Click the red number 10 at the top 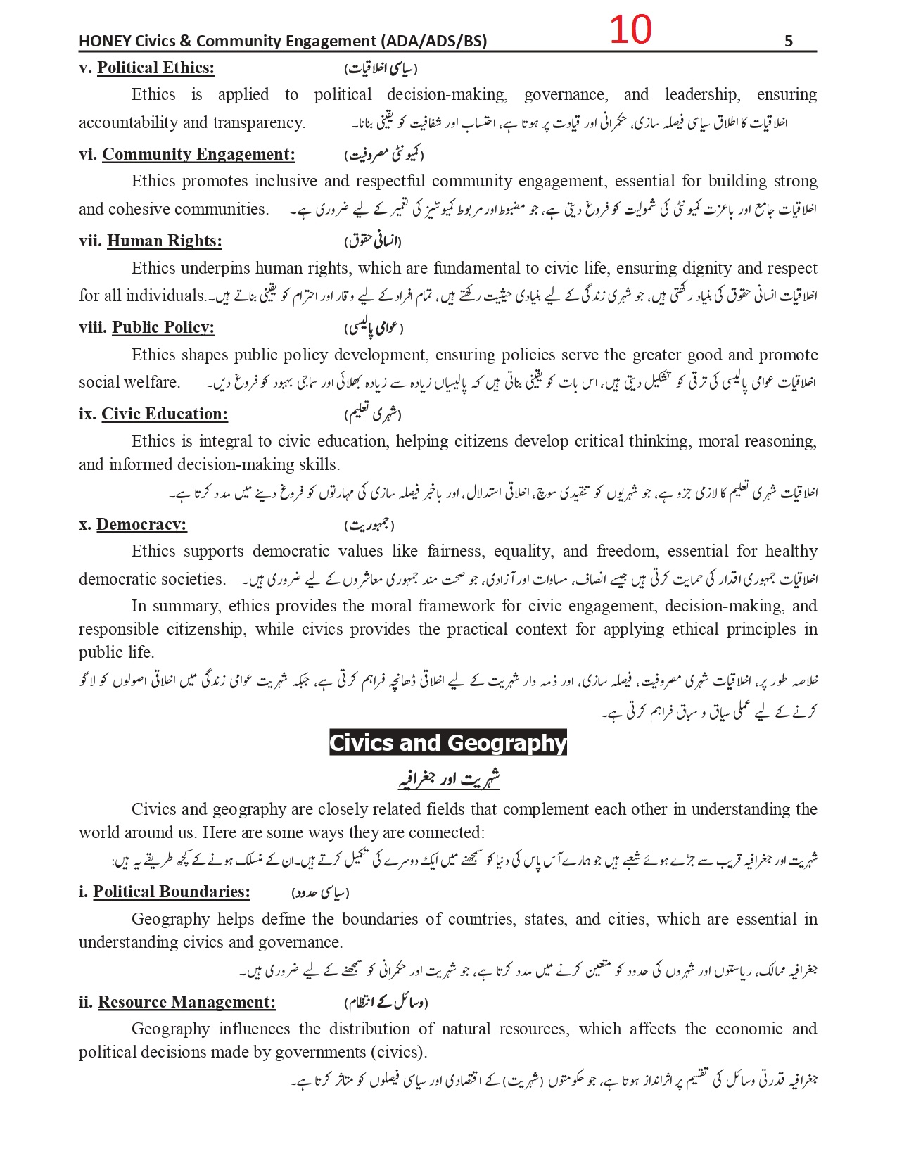click(x=630, y=30)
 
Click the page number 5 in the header click(x=788, y=42)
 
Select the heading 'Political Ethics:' click(x=155, y=68)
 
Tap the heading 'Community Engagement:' click(x=198, y=155)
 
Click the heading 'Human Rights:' click(x=164, y=241)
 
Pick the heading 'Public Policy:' click(x=163, y=328)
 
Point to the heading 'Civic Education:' click(x=165, y=414)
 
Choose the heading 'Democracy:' click(x=141, y=525)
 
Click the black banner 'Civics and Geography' click(x=448, y=743)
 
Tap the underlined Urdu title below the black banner click(x=449, y=779)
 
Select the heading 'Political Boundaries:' click(x=172, y=892)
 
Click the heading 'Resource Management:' click(x=186, y=1003)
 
